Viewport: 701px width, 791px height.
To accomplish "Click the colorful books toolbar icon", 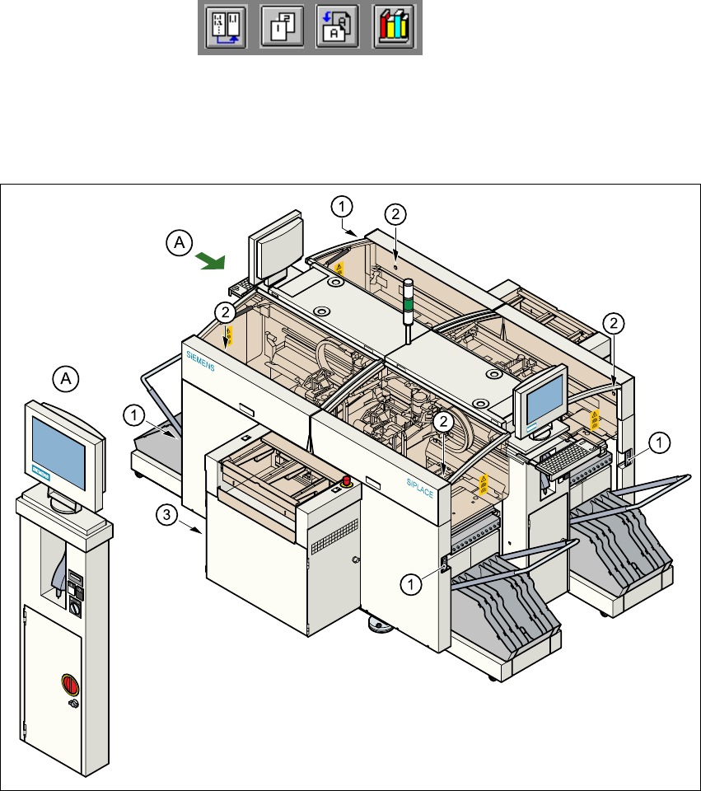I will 395,28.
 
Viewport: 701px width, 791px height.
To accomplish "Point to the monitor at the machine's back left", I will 275,245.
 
